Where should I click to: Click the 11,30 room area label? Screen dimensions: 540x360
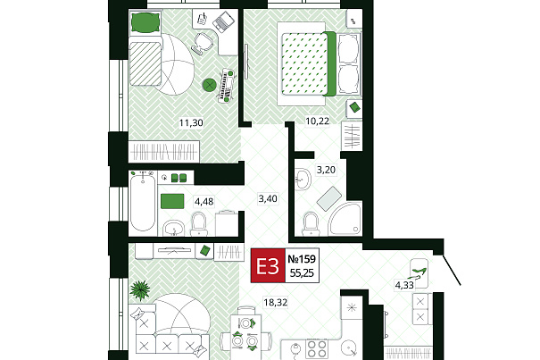(x=191, y=122)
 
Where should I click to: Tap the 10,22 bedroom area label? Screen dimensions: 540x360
(x=318, y=121)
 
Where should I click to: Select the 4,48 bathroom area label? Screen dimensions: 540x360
(x=204, y=201)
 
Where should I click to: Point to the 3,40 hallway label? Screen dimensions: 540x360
(x=268, y=198)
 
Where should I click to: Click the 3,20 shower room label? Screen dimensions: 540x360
(x=326, y=170)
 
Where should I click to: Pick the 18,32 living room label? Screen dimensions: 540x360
(x=276, y=303)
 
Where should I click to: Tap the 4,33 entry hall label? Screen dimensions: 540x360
(x=404, y=285)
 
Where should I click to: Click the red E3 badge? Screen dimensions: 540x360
(x=268, y=265)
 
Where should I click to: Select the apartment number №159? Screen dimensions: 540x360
(x=302, y=259)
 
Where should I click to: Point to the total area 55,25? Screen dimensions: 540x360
(x=302, y=273)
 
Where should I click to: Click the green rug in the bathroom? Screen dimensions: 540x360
(x=172, y=201)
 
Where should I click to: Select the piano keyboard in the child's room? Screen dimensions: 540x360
(x=226, y=85)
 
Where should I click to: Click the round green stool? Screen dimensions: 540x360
(x=210, y=85)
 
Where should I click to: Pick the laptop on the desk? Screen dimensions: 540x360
(x=224, y=21)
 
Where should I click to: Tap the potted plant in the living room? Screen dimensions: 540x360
(x=140, y=289)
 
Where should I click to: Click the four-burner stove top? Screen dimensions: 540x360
(x=317, y=349)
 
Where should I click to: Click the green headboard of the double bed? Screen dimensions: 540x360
(x=330, y=63)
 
